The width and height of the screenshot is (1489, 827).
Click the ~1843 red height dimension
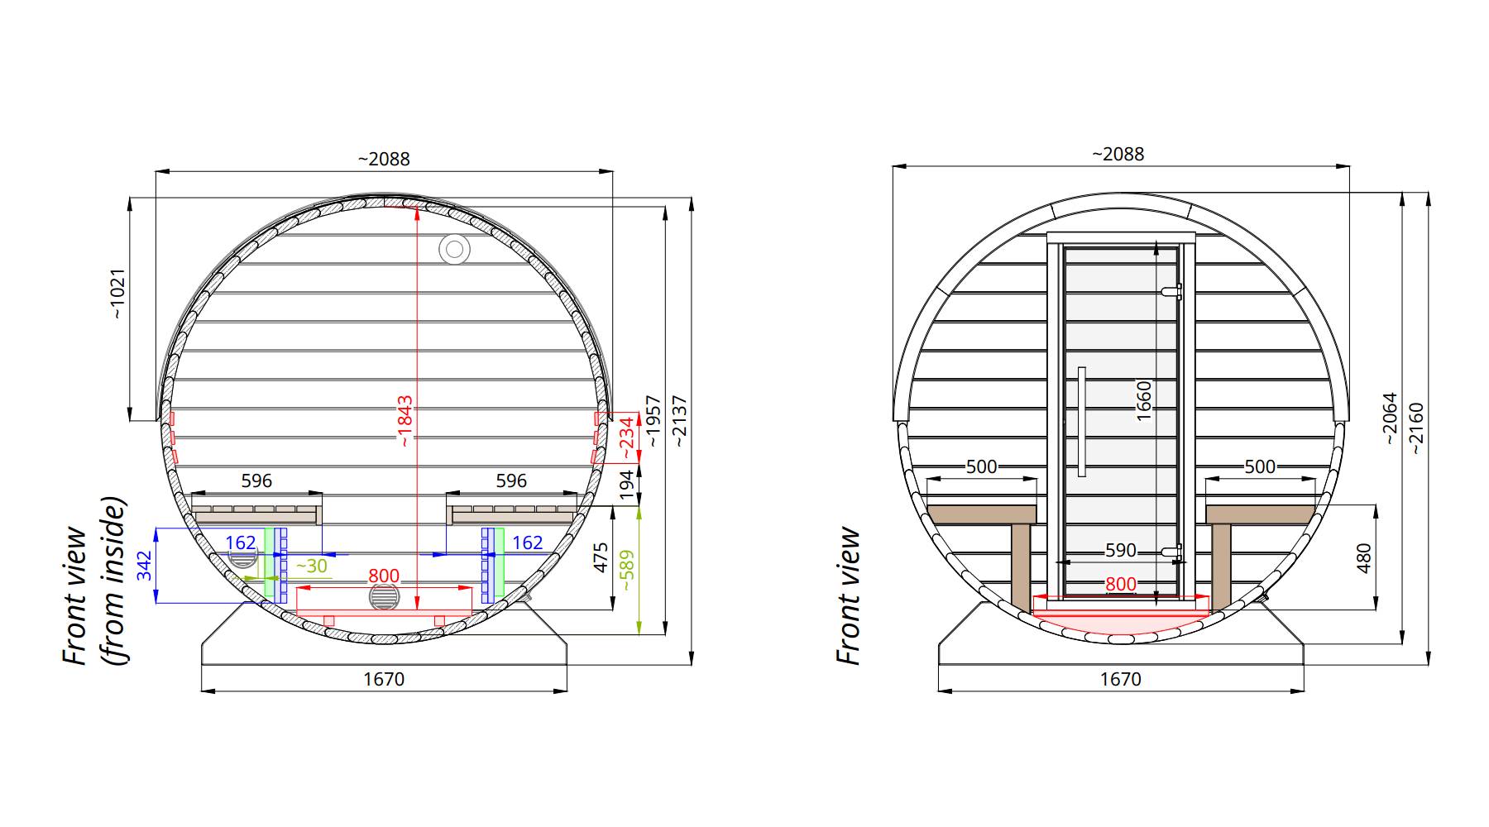405,421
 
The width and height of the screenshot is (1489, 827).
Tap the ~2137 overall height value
680,423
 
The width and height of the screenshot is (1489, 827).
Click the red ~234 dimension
628,437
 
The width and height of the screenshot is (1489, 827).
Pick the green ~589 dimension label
626,571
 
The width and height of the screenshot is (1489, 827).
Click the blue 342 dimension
145,566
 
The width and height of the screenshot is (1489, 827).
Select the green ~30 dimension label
311,566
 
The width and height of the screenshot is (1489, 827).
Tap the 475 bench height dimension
601,558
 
